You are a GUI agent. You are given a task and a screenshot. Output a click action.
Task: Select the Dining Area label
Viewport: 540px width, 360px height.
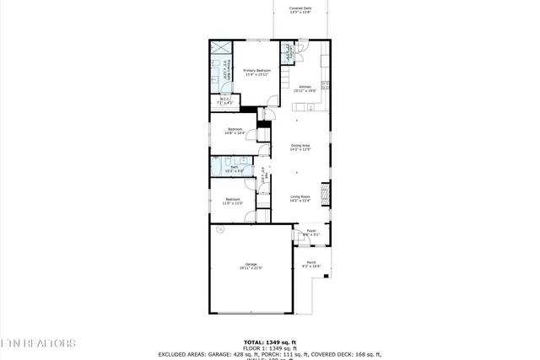300,148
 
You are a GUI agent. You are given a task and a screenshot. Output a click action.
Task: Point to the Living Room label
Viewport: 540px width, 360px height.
300,199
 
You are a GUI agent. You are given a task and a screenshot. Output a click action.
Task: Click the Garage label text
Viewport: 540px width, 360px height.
251,266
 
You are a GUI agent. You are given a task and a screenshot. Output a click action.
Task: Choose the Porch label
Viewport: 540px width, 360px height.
311,264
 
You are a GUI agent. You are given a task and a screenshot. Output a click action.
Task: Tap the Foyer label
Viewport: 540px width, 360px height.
310,233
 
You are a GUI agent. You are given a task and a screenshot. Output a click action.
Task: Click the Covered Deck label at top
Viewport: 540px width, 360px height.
300,10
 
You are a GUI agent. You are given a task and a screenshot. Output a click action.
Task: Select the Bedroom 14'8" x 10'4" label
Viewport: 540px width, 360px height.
235,131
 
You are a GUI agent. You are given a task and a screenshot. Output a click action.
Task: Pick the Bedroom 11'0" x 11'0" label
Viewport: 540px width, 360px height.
233,201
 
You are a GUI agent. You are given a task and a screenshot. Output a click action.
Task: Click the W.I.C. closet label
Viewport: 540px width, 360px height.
225,101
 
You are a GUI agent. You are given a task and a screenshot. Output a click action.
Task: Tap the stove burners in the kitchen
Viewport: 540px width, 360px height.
326,83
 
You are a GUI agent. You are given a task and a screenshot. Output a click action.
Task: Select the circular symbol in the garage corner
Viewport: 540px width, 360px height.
219,228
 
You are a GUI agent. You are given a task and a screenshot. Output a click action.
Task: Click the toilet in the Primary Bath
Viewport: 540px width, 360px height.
216,64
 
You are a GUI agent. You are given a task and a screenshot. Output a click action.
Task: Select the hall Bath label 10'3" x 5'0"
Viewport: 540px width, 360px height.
235,169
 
